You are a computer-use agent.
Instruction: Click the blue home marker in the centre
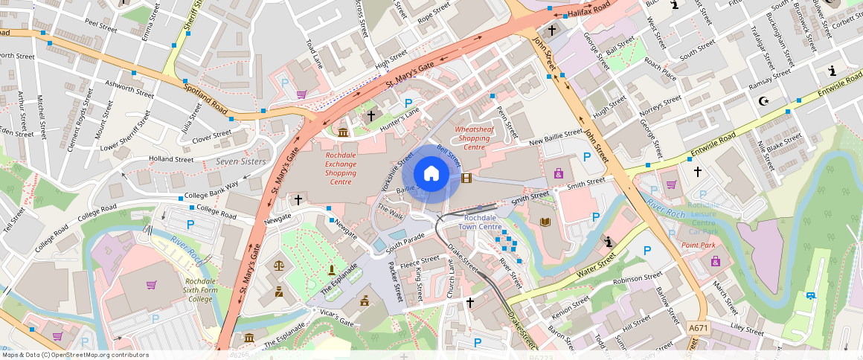coord(431,174)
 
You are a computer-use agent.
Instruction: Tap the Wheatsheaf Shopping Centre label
coord(474,138)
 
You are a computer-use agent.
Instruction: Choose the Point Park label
coord(698,245)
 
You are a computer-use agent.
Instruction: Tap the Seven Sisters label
coord(240,161)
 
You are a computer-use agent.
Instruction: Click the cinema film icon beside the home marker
coord(466,178)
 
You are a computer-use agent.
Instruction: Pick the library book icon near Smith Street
coord(545,222)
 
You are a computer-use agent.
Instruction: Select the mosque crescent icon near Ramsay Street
coord(762,100)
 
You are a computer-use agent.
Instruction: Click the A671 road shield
coord(698,328)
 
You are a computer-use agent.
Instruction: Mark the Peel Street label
coord(101,28)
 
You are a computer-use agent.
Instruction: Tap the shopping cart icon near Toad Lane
coord(301,94)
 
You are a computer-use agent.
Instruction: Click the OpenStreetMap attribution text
coord(75,355)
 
